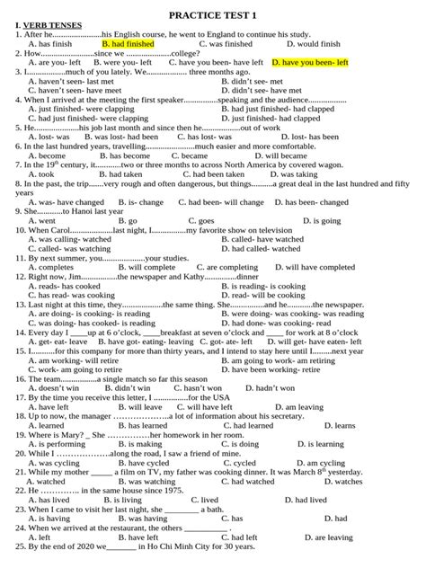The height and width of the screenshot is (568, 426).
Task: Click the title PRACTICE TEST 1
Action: [x=213, y=10]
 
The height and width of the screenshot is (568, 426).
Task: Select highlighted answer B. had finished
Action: [x=128, y=43]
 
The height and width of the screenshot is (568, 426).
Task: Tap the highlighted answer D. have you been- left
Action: [x=309, y=63]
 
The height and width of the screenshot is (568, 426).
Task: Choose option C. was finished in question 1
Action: [x=226, y=43]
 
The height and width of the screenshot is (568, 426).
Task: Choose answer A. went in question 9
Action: [x=41, y=220]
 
